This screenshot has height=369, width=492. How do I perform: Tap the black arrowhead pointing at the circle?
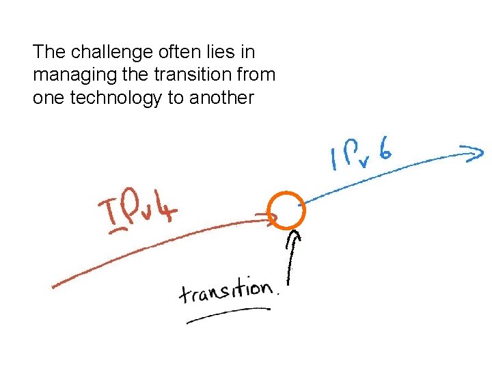pyautogui.click(x=295, y=237)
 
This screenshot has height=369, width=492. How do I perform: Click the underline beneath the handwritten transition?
pyautogui.click(x=228, y=314)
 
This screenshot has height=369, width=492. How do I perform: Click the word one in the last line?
pyautogui.click(x=45, y=98)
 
